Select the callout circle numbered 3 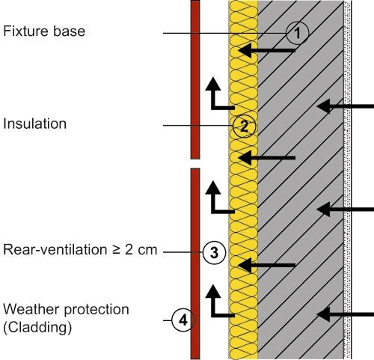[214, 252]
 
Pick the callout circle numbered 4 [183, 320]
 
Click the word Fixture [26, 31]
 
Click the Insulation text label [34, 123]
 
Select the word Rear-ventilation [55, 249]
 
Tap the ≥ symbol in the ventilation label [116, 250]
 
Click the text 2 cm [141, 249]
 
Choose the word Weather [31, 309]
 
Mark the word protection [96, 310]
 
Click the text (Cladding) [37, 327]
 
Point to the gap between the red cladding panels [195, 164]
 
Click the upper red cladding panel [195, 79]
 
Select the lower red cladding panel [195, 263]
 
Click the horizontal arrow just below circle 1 [267, 51]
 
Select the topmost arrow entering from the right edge [345, 106]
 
